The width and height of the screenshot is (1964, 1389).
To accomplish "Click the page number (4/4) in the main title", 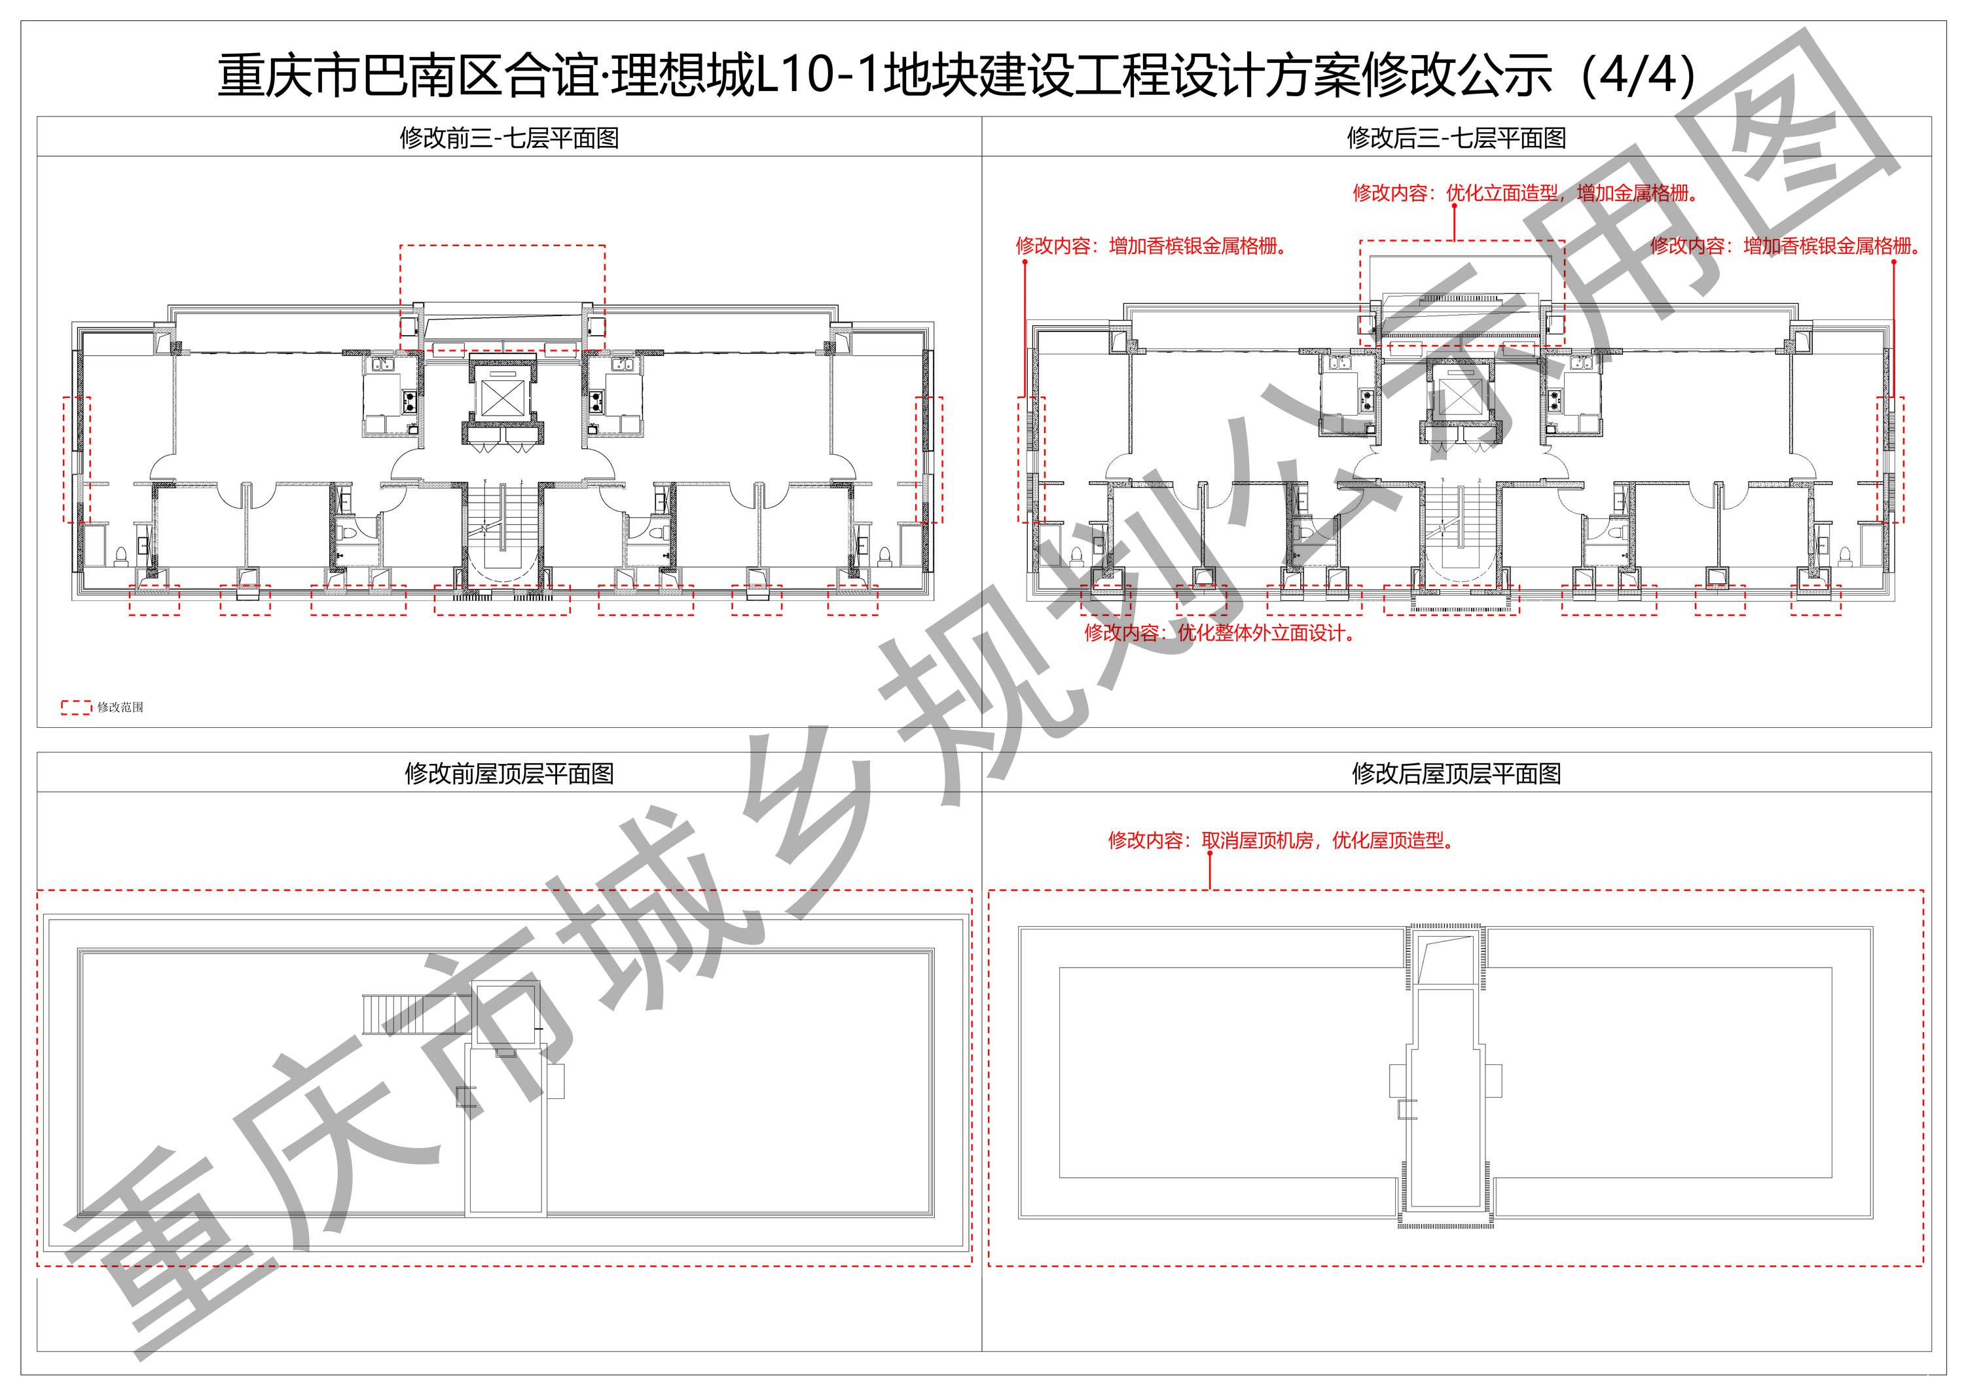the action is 1638,75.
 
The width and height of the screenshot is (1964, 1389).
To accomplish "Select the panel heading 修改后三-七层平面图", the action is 1456,137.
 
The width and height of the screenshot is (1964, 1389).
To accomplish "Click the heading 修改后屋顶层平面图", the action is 1456,773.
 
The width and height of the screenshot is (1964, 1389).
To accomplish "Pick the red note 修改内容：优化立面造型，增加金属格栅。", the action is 1526,192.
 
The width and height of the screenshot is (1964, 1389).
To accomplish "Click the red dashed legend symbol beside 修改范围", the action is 76,708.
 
